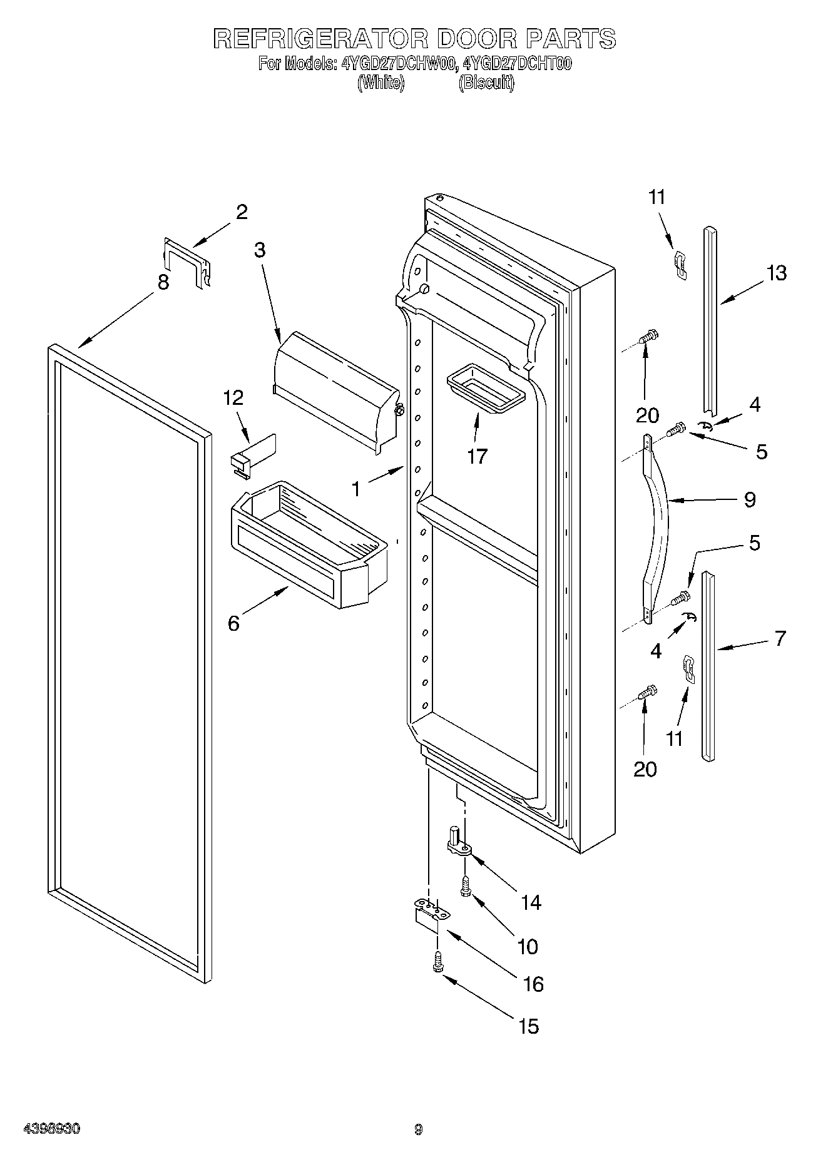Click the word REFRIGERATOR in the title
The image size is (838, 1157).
coord(320,39)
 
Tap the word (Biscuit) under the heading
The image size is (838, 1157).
coord(486,83)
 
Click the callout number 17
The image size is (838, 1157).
coord(477,456)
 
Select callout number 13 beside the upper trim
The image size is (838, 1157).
coord(777,273)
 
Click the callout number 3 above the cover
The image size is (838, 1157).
coord(259,250)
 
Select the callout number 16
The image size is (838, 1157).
coord(533,984)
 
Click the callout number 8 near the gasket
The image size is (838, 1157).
coord(163,282)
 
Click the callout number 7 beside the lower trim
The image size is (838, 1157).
coord(780,638)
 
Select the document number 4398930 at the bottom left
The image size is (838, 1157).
coord(51,1129)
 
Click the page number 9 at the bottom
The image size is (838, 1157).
coord(419,1129)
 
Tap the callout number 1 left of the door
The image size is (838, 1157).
coord(356,489)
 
